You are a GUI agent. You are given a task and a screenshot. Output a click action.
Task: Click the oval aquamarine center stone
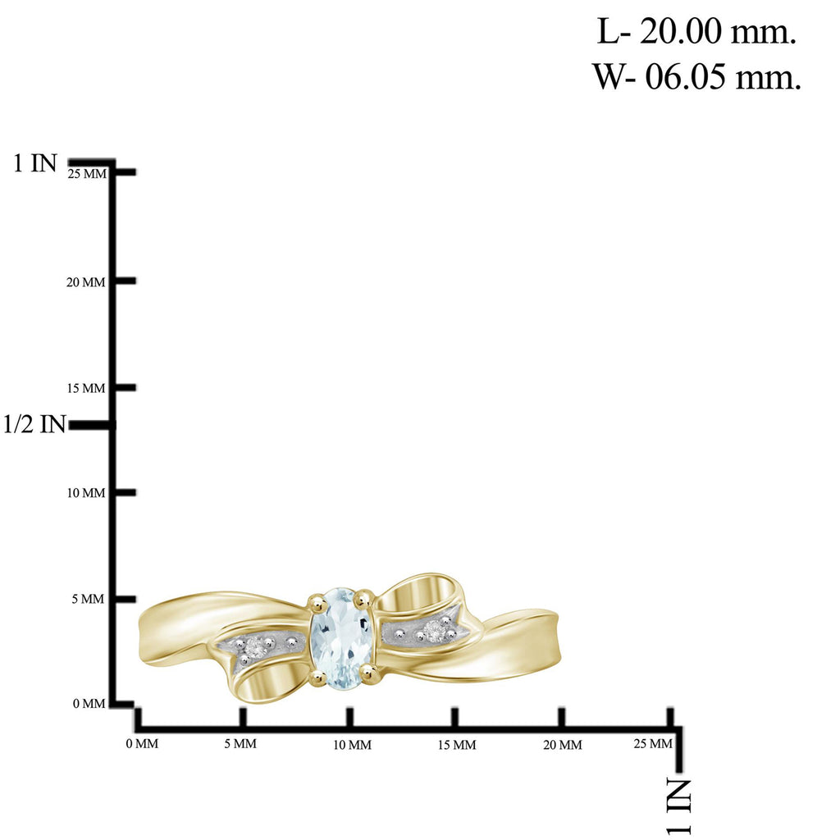click(342, 638)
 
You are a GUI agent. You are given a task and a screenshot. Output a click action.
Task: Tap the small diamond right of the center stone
click(433, 631)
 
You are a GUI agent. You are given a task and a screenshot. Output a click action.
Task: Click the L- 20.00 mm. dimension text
click(696, 33)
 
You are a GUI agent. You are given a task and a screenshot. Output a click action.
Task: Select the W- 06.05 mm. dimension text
click(696, 77)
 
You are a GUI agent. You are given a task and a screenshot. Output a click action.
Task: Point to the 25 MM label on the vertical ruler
click(88, 173)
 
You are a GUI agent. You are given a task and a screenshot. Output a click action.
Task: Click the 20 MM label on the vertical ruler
click(86, 282)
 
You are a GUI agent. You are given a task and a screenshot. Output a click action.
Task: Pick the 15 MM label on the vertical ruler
click(86, 388)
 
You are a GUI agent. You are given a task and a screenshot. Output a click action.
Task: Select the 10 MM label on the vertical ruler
click(86, 493)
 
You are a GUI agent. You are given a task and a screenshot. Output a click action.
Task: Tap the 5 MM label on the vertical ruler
click(89, 599)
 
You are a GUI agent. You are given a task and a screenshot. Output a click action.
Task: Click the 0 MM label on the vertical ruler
click(89, 704)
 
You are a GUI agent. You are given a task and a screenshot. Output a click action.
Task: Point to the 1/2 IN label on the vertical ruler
click(34, 424)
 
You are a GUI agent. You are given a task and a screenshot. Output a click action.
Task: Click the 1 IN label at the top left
click(35, 163)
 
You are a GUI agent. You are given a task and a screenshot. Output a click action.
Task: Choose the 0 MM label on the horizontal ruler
click(142, 744)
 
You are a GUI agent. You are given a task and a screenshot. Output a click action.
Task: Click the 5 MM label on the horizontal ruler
click(240, 744)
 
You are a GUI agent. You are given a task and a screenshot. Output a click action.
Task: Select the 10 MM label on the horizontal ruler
click(351, 745)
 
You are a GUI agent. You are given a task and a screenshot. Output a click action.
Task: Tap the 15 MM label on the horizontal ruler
click(456, 745)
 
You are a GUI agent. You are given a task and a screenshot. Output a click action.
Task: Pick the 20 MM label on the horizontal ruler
click(562, 745)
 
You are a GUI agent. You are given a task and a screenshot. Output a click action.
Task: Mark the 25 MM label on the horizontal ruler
click(653, 743)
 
